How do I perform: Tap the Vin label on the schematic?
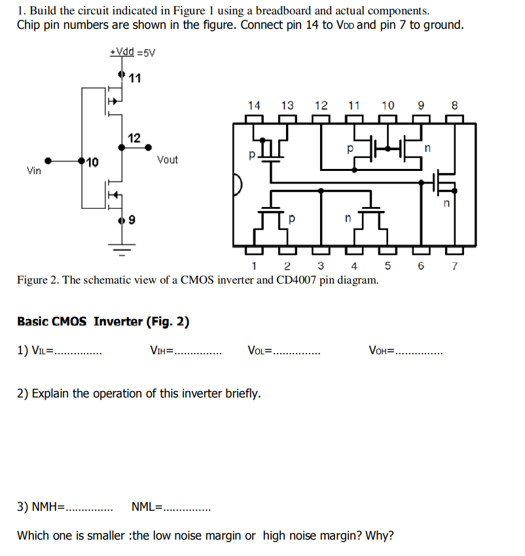(x=33, y=171)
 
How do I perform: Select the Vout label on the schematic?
(x=167, y=159)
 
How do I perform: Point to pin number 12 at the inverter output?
(x=134, y=138)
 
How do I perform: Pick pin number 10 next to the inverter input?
(x=92, y=162)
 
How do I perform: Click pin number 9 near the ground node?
(x=132, y=221)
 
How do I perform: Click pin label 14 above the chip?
(x=254, y=105)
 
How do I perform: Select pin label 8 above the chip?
(x=455, y=105)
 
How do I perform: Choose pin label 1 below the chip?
(x=253, y=266)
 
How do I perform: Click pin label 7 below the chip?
(x=455, y=266)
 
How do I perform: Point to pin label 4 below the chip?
(x=354, y=266)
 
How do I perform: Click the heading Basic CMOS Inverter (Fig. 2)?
(x=103, y=322)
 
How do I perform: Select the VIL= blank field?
(x=77, y=352)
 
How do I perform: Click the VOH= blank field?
(x=419, y=352)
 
